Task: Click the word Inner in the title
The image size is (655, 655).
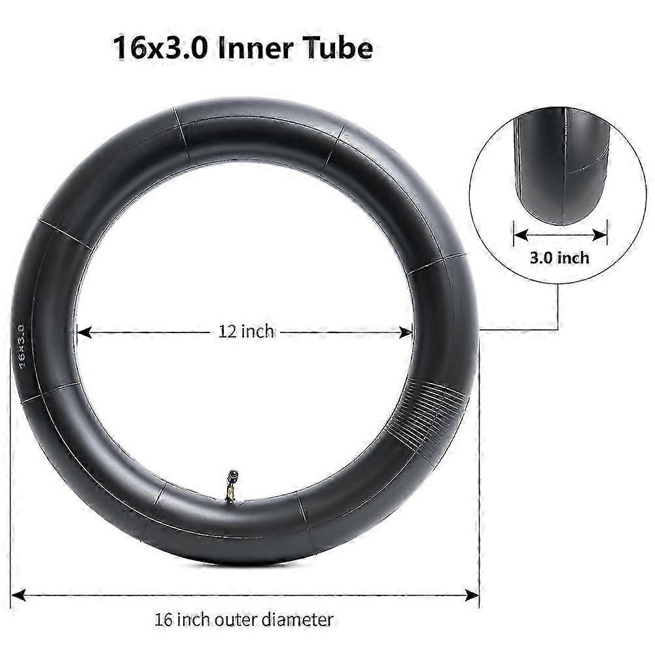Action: pyautogui.click(x=257, y=48)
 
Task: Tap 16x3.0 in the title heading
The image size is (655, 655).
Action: pyautogui.click(x=160, y=48)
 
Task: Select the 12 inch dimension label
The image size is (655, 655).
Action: pyautogui.click(x=247, y=332)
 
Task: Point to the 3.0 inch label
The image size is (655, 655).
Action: pyautogui.click(x=559, y=257)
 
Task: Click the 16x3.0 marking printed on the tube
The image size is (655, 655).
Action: pyautogui.click(x=22, y=347)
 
